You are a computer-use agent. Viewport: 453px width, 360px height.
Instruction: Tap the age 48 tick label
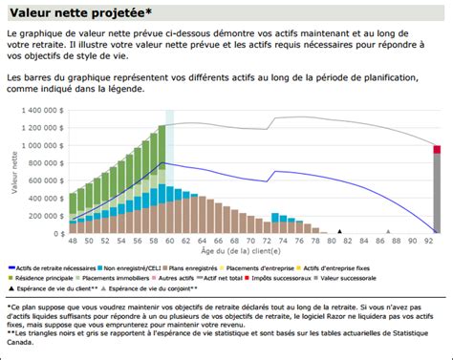click(73, 242)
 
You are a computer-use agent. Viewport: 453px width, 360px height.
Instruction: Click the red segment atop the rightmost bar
click(437, 149)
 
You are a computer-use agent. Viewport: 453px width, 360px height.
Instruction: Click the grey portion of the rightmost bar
click(437, 191)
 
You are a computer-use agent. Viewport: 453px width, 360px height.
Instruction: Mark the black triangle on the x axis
click(338, 231)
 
